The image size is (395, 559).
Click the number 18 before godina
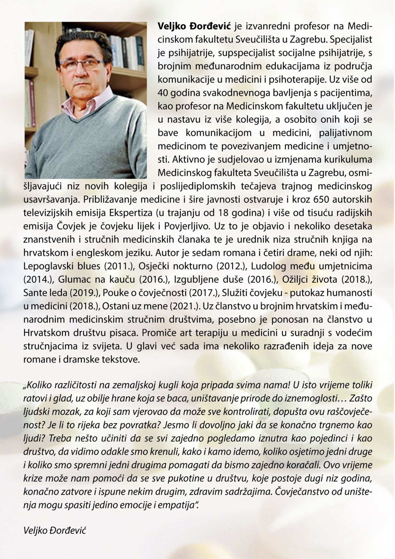point(221,213)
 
